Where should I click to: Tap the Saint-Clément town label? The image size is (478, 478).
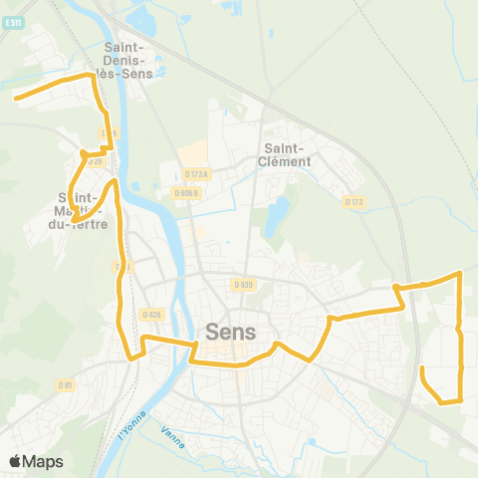click(x=284, y=154)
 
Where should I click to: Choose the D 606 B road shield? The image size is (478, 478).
click(x=186, y=193)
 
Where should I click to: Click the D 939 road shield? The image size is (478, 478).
click(x=244, y=285)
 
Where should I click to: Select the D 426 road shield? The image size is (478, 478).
click(x=151, y=315)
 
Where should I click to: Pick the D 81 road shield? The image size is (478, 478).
click(x=66, y=384)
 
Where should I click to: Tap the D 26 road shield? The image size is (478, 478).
click(x=96, y=160)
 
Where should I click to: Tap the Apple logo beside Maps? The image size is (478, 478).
click(x=15, y=461)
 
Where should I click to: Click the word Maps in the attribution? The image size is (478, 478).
click(x=43, y=461)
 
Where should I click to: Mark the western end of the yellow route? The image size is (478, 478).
click(x=14, y=98)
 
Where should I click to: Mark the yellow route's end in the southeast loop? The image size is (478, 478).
click(x=423, y=368)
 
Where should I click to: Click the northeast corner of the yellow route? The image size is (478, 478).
click(x=460, y=272)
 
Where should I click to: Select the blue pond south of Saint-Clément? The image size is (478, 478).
click(x=278, y=212)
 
